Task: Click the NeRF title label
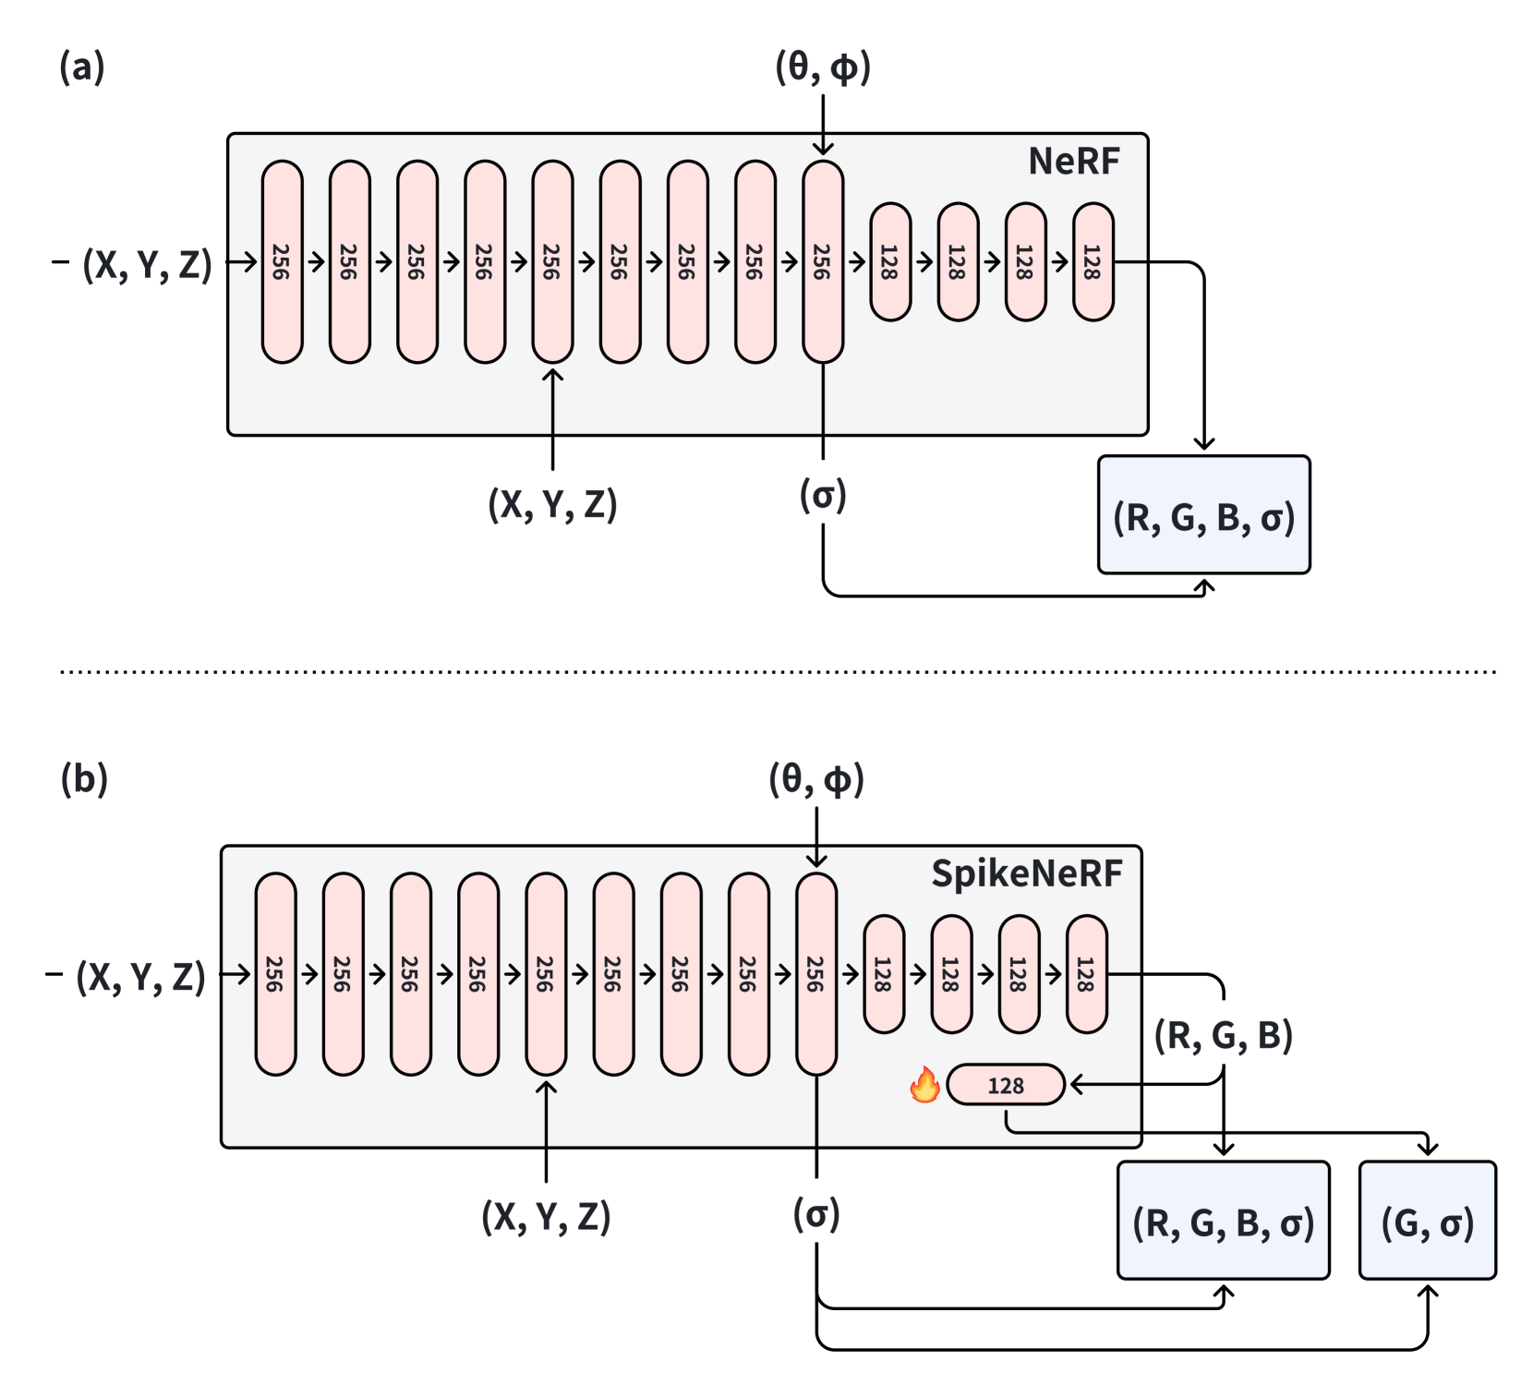coord(1073,162)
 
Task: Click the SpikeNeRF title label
coord(1026,873)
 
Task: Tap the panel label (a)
coord(82,67)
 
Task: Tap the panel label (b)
coord(84,779)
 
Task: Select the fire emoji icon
coord(924,1085)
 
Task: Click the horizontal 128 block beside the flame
coord(1006,1085)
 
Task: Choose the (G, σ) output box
coord(1427,1221)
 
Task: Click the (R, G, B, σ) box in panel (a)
coord(1203,515)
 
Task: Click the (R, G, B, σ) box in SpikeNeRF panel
coord(1223,1221)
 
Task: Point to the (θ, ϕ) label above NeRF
coord(823,67)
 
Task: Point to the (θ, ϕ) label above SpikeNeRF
coord(816,779)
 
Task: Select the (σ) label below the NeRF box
coord(823,496)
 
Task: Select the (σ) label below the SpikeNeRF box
coord(816,1214)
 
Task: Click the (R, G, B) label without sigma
coord(1223,1035)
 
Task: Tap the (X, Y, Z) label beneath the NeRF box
coord(552,504)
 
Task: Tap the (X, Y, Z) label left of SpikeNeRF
coord(140,976)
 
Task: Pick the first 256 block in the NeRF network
coord(282,262)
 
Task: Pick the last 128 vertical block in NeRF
coord(1093,262)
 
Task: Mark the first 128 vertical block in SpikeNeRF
coord(884,974)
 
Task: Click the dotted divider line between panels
coord(776,671)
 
